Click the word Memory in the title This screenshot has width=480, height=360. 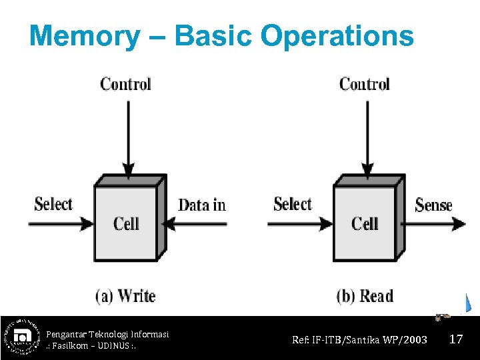pos(84,35)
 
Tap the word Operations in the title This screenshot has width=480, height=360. pos(337,35)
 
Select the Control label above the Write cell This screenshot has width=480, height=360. pos(125,84)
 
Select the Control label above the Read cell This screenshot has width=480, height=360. pos(364,84)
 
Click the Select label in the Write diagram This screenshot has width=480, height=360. pos(53,204)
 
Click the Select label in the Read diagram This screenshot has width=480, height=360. pos(293,204)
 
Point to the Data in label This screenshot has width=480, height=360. pos(202,205)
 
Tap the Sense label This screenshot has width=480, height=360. pos(433,205)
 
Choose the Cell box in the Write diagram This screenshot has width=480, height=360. pos(126,223)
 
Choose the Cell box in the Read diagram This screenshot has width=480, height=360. pos(365,223)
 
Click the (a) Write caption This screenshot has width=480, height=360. pos(125,295)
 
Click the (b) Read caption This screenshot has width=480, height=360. pos(365,295)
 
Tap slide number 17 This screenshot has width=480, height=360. pos(456,339)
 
